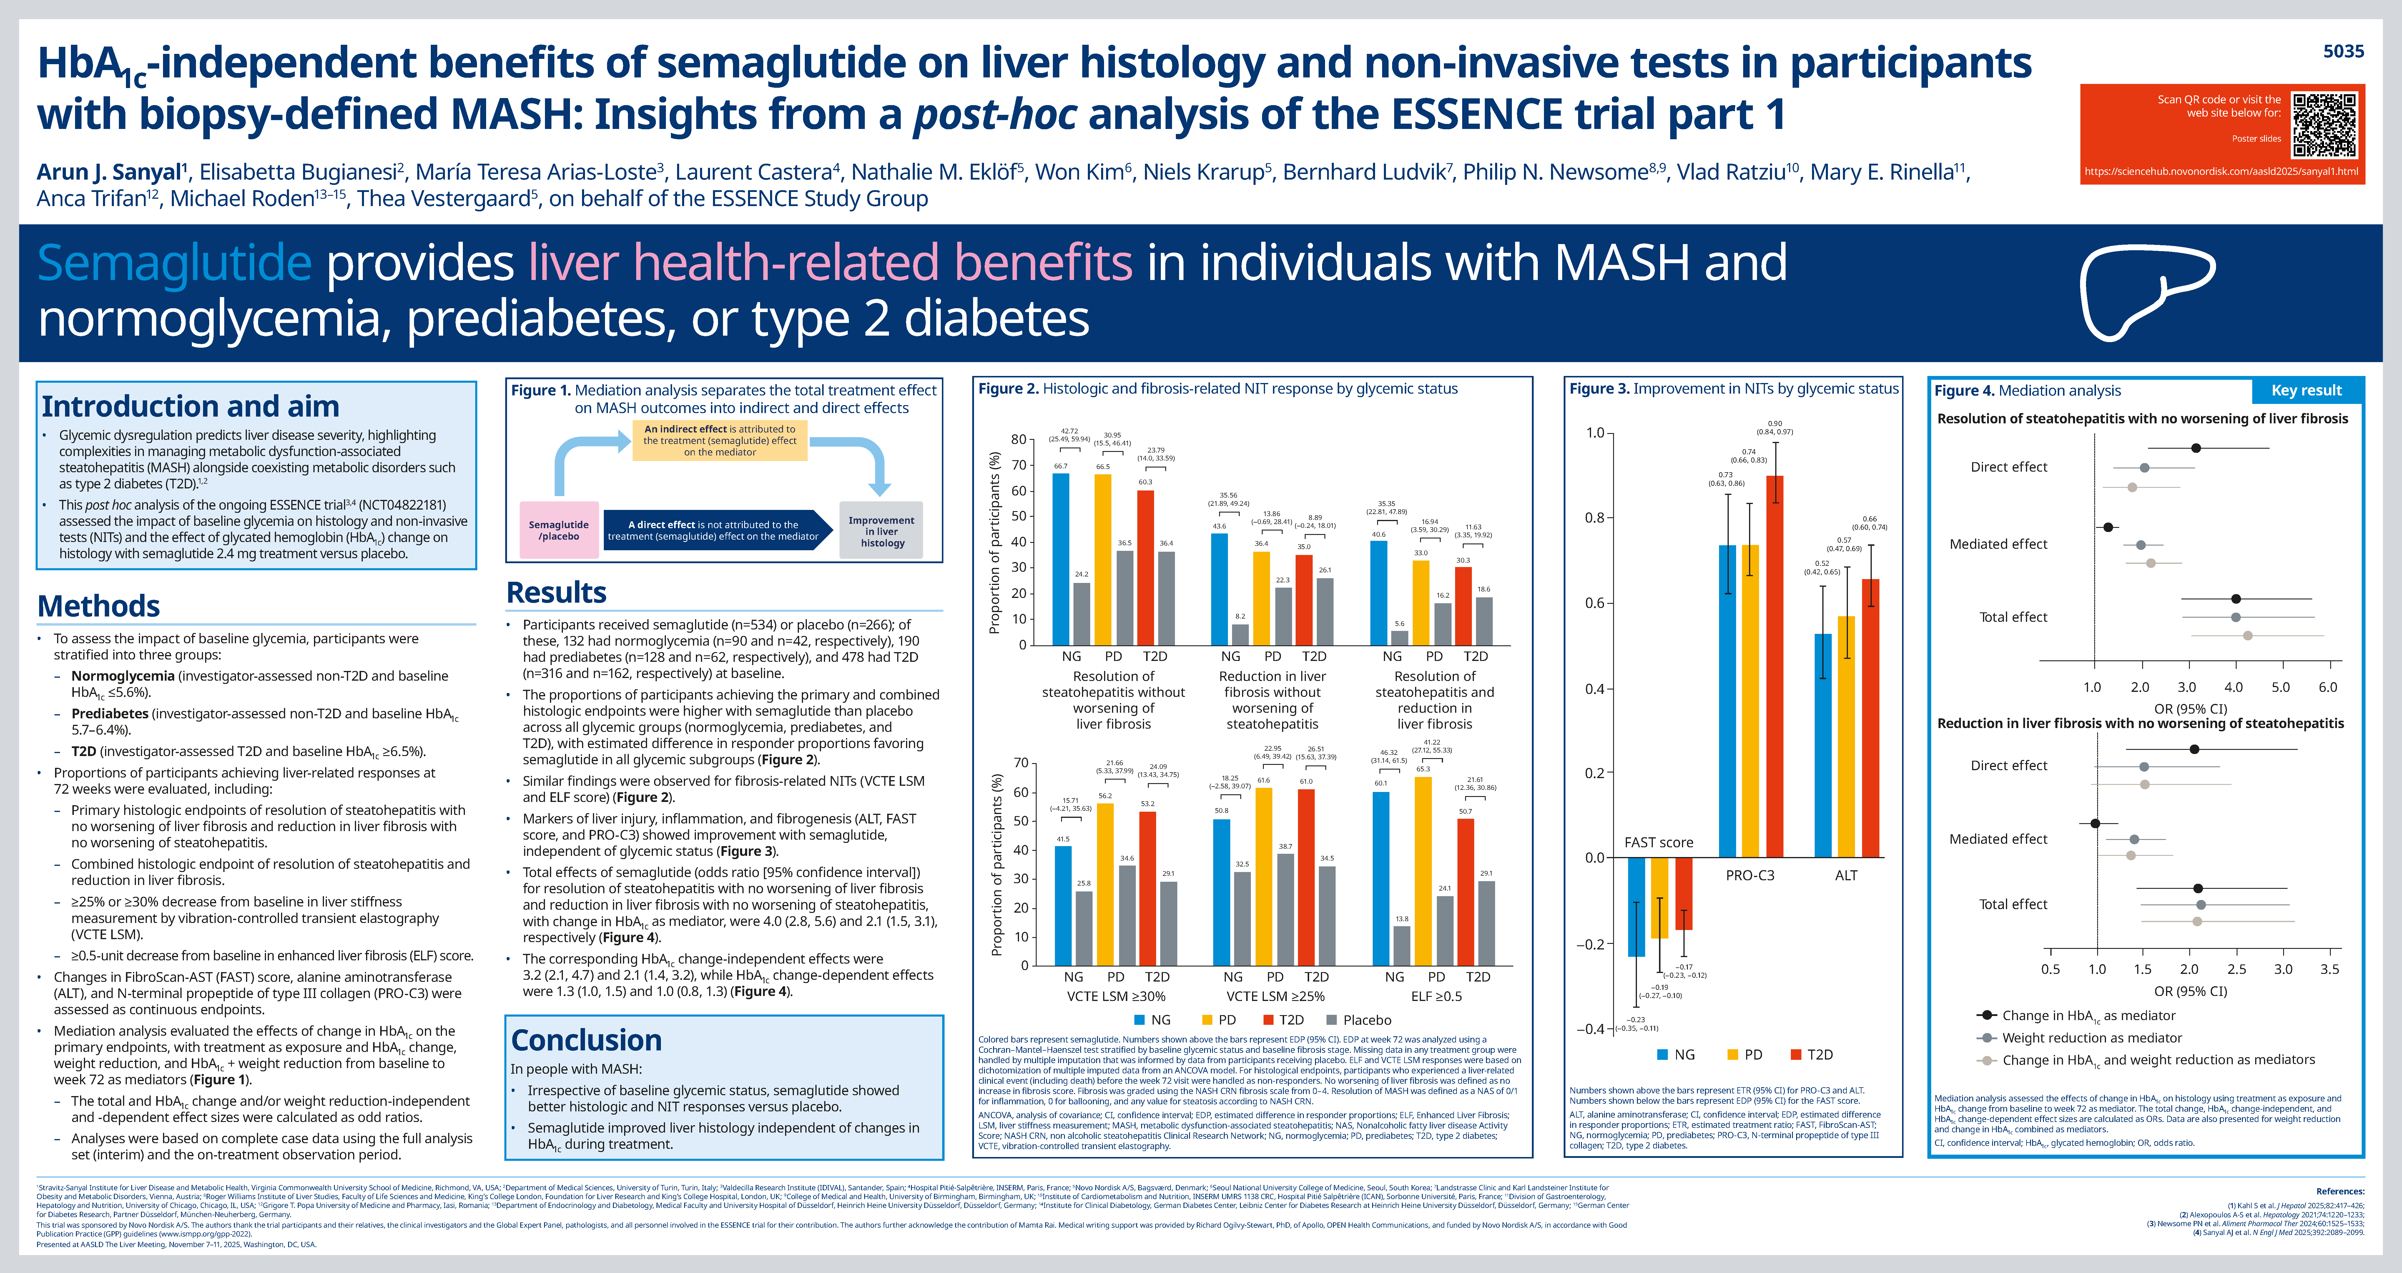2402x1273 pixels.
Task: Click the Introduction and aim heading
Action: pos(190,407)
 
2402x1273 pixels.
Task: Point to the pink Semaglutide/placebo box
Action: pos(558,530)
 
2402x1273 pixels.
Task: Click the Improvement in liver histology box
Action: pos(881,531)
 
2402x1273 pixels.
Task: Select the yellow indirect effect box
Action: pos(720,440)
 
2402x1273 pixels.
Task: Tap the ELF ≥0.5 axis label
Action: pos(1436,996)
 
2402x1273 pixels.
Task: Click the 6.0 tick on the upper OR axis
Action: pos(2327,687)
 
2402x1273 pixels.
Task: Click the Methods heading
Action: pos(99,606)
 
